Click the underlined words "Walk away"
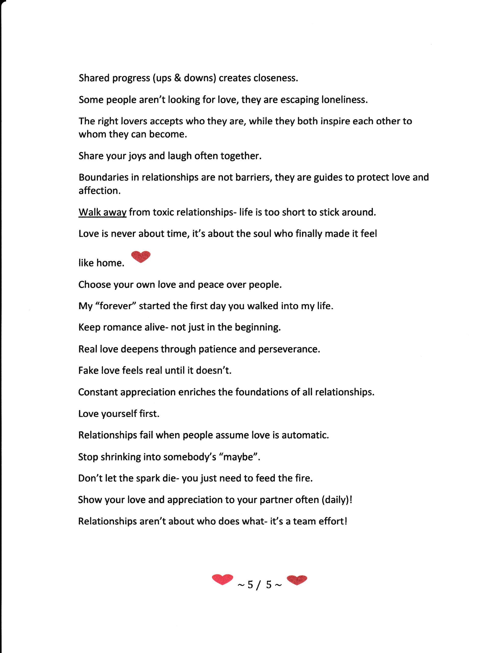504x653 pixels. pos(102,212)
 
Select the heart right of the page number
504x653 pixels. pos(297,580)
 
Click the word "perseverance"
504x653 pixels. pos(289,349)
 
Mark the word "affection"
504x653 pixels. pos(99,191)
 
